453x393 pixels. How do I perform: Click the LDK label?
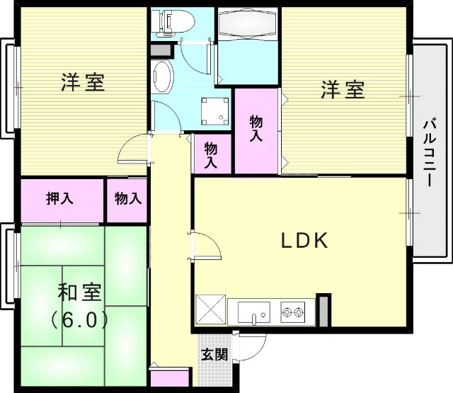pyautogui.click(x=304, y=241)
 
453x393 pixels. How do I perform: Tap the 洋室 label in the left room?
pyautogui.click(x=82, y=83)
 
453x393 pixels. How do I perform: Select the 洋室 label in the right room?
pyautogui.click(x=344, y=90)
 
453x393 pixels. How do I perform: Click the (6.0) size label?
pyautogui.click(x=79, y=319)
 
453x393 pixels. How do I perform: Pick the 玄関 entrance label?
pyautogui.click(x=214, y=354)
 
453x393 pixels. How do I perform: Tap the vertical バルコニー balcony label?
pyautogui.click(x=429, y=152)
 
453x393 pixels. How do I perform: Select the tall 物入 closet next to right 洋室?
pyautogui.click(x=256, y=129)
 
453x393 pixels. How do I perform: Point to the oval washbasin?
pyautogui.click(x=163, y=76)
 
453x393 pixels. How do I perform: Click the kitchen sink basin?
pyautogui.click(x=253, y=312)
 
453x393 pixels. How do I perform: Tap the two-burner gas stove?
pyautogui.click(x=293, y=311)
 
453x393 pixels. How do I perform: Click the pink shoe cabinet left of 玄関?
pyautogui.click(x=170, y=378)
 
